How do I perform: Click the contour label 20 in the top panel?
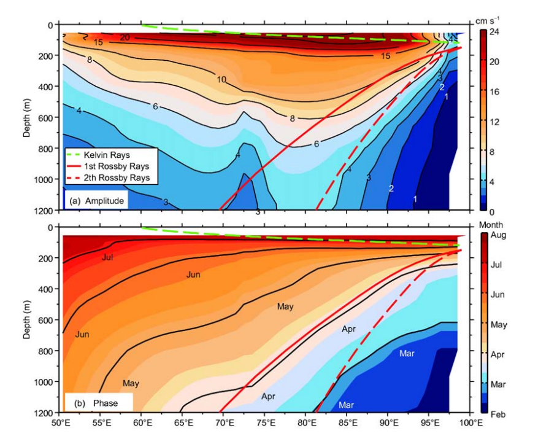coord(125,38)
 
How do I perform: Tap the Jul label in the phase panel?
coord(107,257)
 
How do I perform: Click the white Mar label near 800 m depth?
coord(407,354)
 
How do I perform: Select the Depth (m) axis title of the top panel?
coord(27,117)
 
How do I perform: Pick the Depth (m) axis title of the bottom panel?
coord(27,319)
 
